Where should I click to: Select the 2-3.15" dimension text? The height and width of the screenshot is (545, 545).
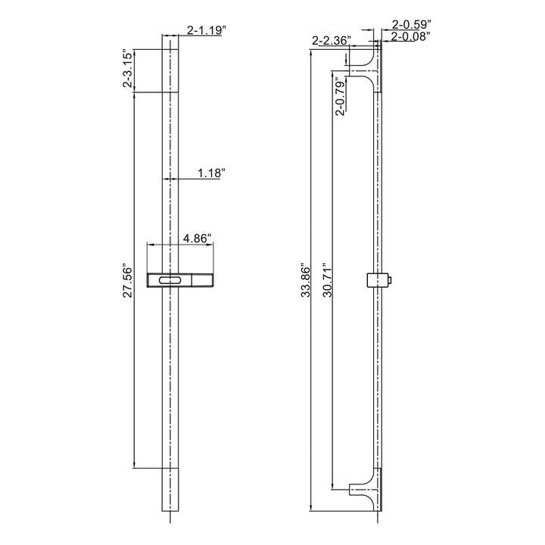pyautogui.click(x=128, y=70)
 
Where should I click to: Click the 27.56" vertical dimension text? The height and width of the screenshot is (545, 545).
pyautogui.click(x=128, y=282)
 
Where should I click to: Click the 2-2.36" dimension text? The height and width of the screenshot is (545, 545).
pyautogui.click(x=330, y=40)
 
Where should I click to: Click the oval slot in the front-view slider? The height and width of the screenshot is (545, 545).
pyautogui.click(x=170, y=281)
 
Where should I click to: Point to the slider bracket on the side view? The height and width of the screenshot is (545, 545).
pyautogui.click(x=373, y=281)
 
